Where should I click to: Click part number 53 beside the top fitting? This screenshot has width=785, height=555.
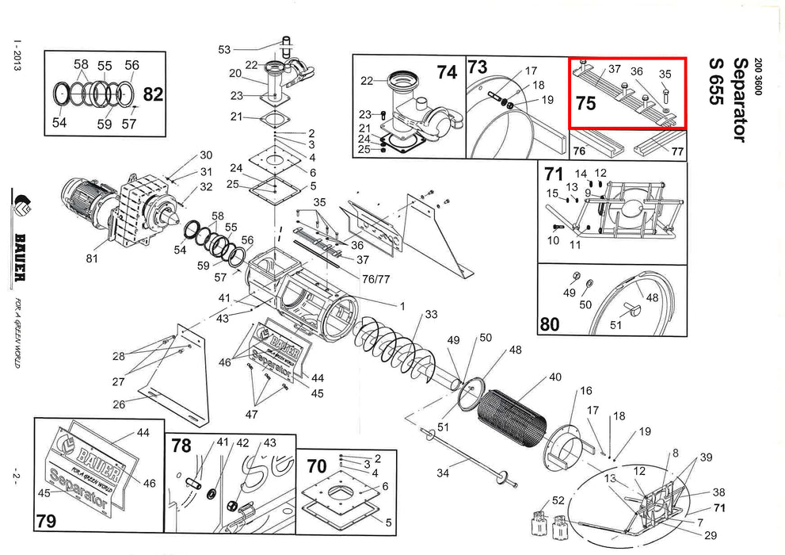(224, 50)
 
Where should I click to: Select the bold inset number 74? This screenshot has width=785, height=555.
(448, 72)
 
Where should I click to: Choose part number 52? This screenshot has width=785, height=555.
(558, 500)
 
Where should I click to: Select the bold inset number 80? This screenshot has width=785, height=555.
(550, 323)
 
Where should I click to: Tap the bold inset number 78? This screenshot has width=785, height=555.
(181, 446)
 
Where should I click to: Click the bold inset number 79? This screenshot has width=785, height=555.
(46, 521)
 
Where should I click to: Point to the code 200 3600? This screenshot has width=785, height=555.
(759, 78)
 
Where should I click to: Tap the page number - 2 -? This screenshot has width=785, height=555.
(16, 477)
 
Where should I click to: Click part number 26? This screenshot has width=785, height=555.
(119, 404)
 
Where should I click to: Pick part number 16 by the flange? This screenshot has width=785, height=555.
(586, 391)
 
